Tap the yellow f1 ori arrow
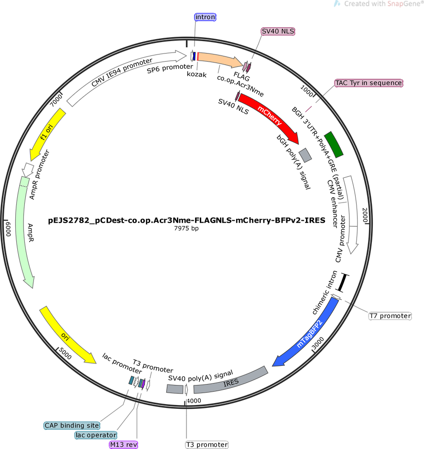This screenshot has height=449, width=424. tap(47, 133)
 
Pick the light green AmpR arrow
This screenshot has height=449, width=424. tap(23, 232)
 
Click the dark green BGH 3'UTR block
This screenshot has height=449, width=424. tap(334, 144)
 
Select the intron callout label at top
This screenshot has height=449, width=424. tap(205, 17)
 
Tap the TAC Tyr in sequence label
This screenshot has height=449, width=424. tap(369, 83)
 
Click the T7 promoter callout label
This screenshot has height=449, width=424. tap(390, 316)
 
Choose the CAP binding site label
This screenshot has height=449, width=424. tap(72, 426)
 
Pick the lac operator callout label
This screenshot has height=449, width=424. tap(96, 435)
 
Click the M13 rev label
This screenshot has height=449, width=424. tap(124, 445)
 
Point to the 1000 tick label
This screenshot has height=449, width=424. tap(307, 91)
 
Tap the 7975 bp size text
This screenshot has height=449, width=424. tap(186, 228)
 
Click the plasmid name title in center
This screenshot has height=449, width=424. tap(187, 220)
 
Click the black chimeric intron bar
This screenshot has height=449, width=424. tap(342, 283)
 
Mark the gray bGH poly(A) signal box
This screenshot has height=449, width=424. tap(305, 155)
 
